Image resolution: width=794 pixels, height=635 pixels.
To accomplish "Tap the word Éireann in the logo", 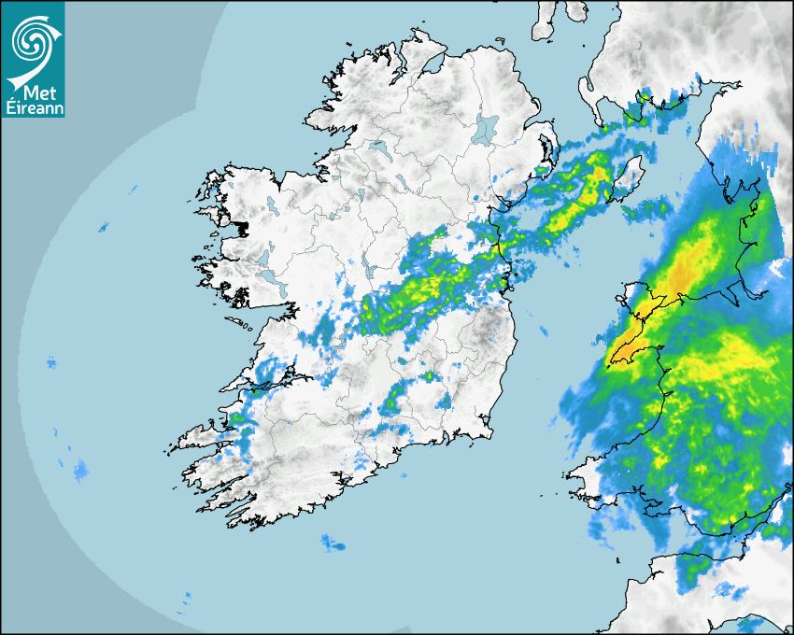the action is click(x=33, y=108).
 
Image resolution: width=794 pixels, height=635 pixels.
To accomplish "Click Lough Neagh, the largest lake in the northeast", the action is click(x=486, y=128).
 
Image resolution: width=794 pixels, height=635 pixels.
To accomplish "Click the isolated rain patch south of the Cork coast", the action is click(x=332, y=542).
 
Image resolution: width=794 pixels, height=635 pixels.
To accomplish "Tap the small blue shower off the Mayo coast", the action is click(x=103, y=226).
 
